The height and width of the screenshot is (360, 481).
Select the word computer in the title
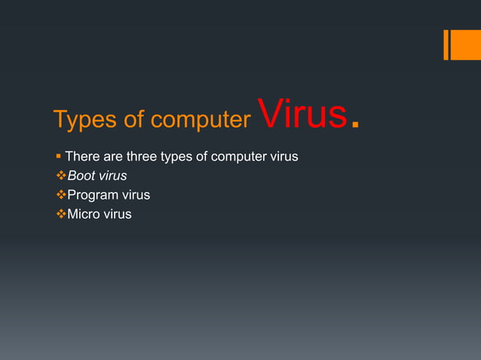201,120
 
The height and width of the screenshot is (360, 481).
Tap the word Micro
84,214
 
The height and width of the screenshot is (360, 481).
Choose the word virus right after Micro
117,214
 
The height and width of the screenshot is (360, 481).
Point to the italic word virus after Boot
112,176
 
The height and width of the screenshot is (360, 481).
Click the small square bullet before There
58,157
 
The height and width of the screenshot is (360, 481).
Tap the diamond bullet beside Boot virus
60,176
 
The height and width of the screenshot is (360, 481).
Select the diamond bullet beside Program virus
60,195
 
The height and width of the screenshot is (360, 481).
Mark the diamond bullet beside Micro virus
60,214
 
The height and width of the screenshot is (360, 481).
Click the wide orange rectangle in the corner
466,44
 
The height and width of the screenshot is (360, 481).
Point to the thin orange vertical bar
447,44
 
